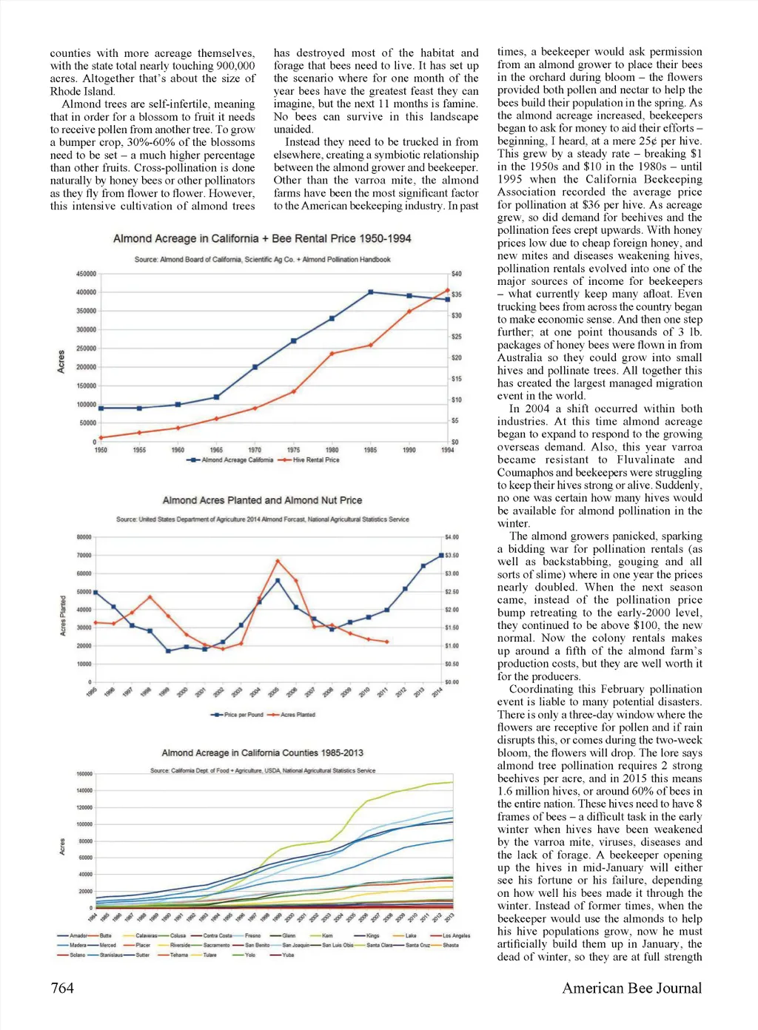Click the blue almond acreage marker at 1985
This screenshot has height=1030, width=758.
pos(371,292)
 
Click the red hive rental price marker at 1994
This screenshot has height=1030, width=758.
pos(448,290)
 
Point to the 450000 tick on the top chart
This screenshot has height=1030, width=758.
pos(86,274)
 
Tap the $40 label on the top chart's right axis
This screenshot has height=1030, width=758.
pos(456,274)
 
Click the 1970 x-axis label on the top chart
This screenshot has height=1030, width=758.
pos(255,450)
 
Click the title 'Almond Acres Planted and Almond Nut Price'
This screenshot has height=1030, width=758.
pos(262,500)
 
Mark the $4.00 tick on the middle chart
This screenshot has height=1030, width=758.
pos(452,537)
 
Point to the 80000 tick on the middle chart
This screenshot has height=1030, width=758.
pos(84,537)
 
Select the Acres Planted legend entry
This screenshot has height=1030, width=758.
pos(298,715)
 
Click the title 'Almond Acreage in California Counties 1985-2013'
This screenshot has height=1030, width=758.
pos(262,753)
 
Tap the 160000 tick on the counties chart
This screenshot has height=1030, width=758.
pos(84,774)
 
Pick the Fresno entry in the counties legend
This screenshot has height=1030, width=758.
pos(252,935)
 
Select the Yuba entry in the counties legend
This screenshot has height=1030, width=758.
pos(288,955)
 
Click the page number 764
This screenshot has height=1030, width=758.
pos(62,989)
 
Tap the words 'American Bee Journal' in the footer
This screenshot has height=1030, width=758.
pos(631,989)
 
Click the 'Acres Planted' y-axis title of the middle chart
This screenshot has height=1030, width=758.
pos(63,616)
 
